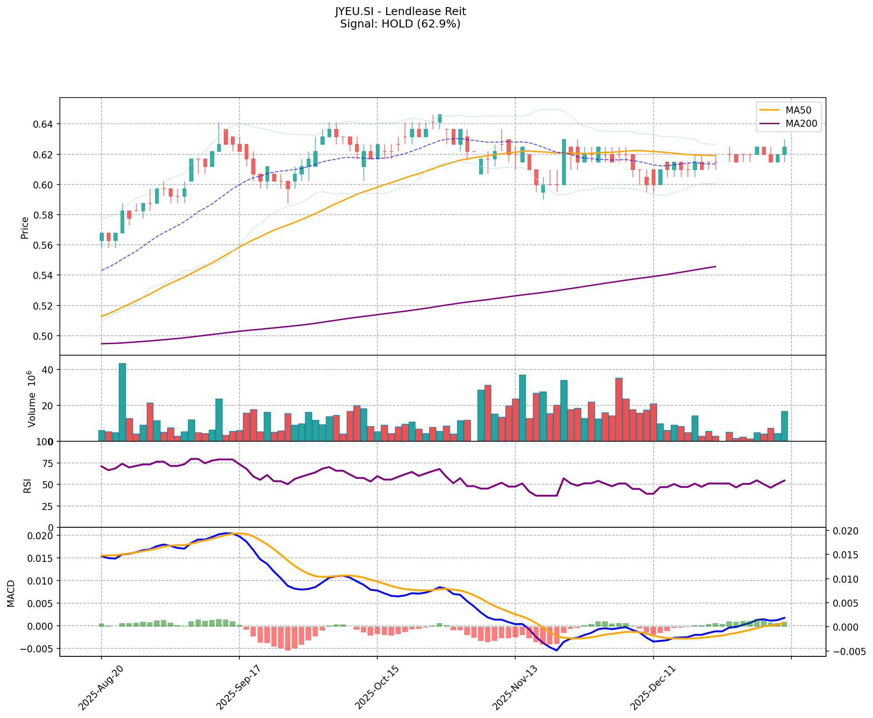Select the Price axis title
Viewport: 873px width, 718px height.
point(25,228)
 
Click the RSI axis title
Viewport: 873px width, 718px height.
point(27,485)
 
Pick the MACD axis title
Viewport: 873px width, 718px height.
point(12,593)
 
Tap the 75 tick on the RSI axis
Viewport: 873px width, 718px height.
point(48,463)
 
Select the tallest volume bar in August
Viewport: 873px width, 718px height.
point(122,402)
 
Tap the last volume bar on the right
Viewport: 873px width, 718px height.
point(784,426)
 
